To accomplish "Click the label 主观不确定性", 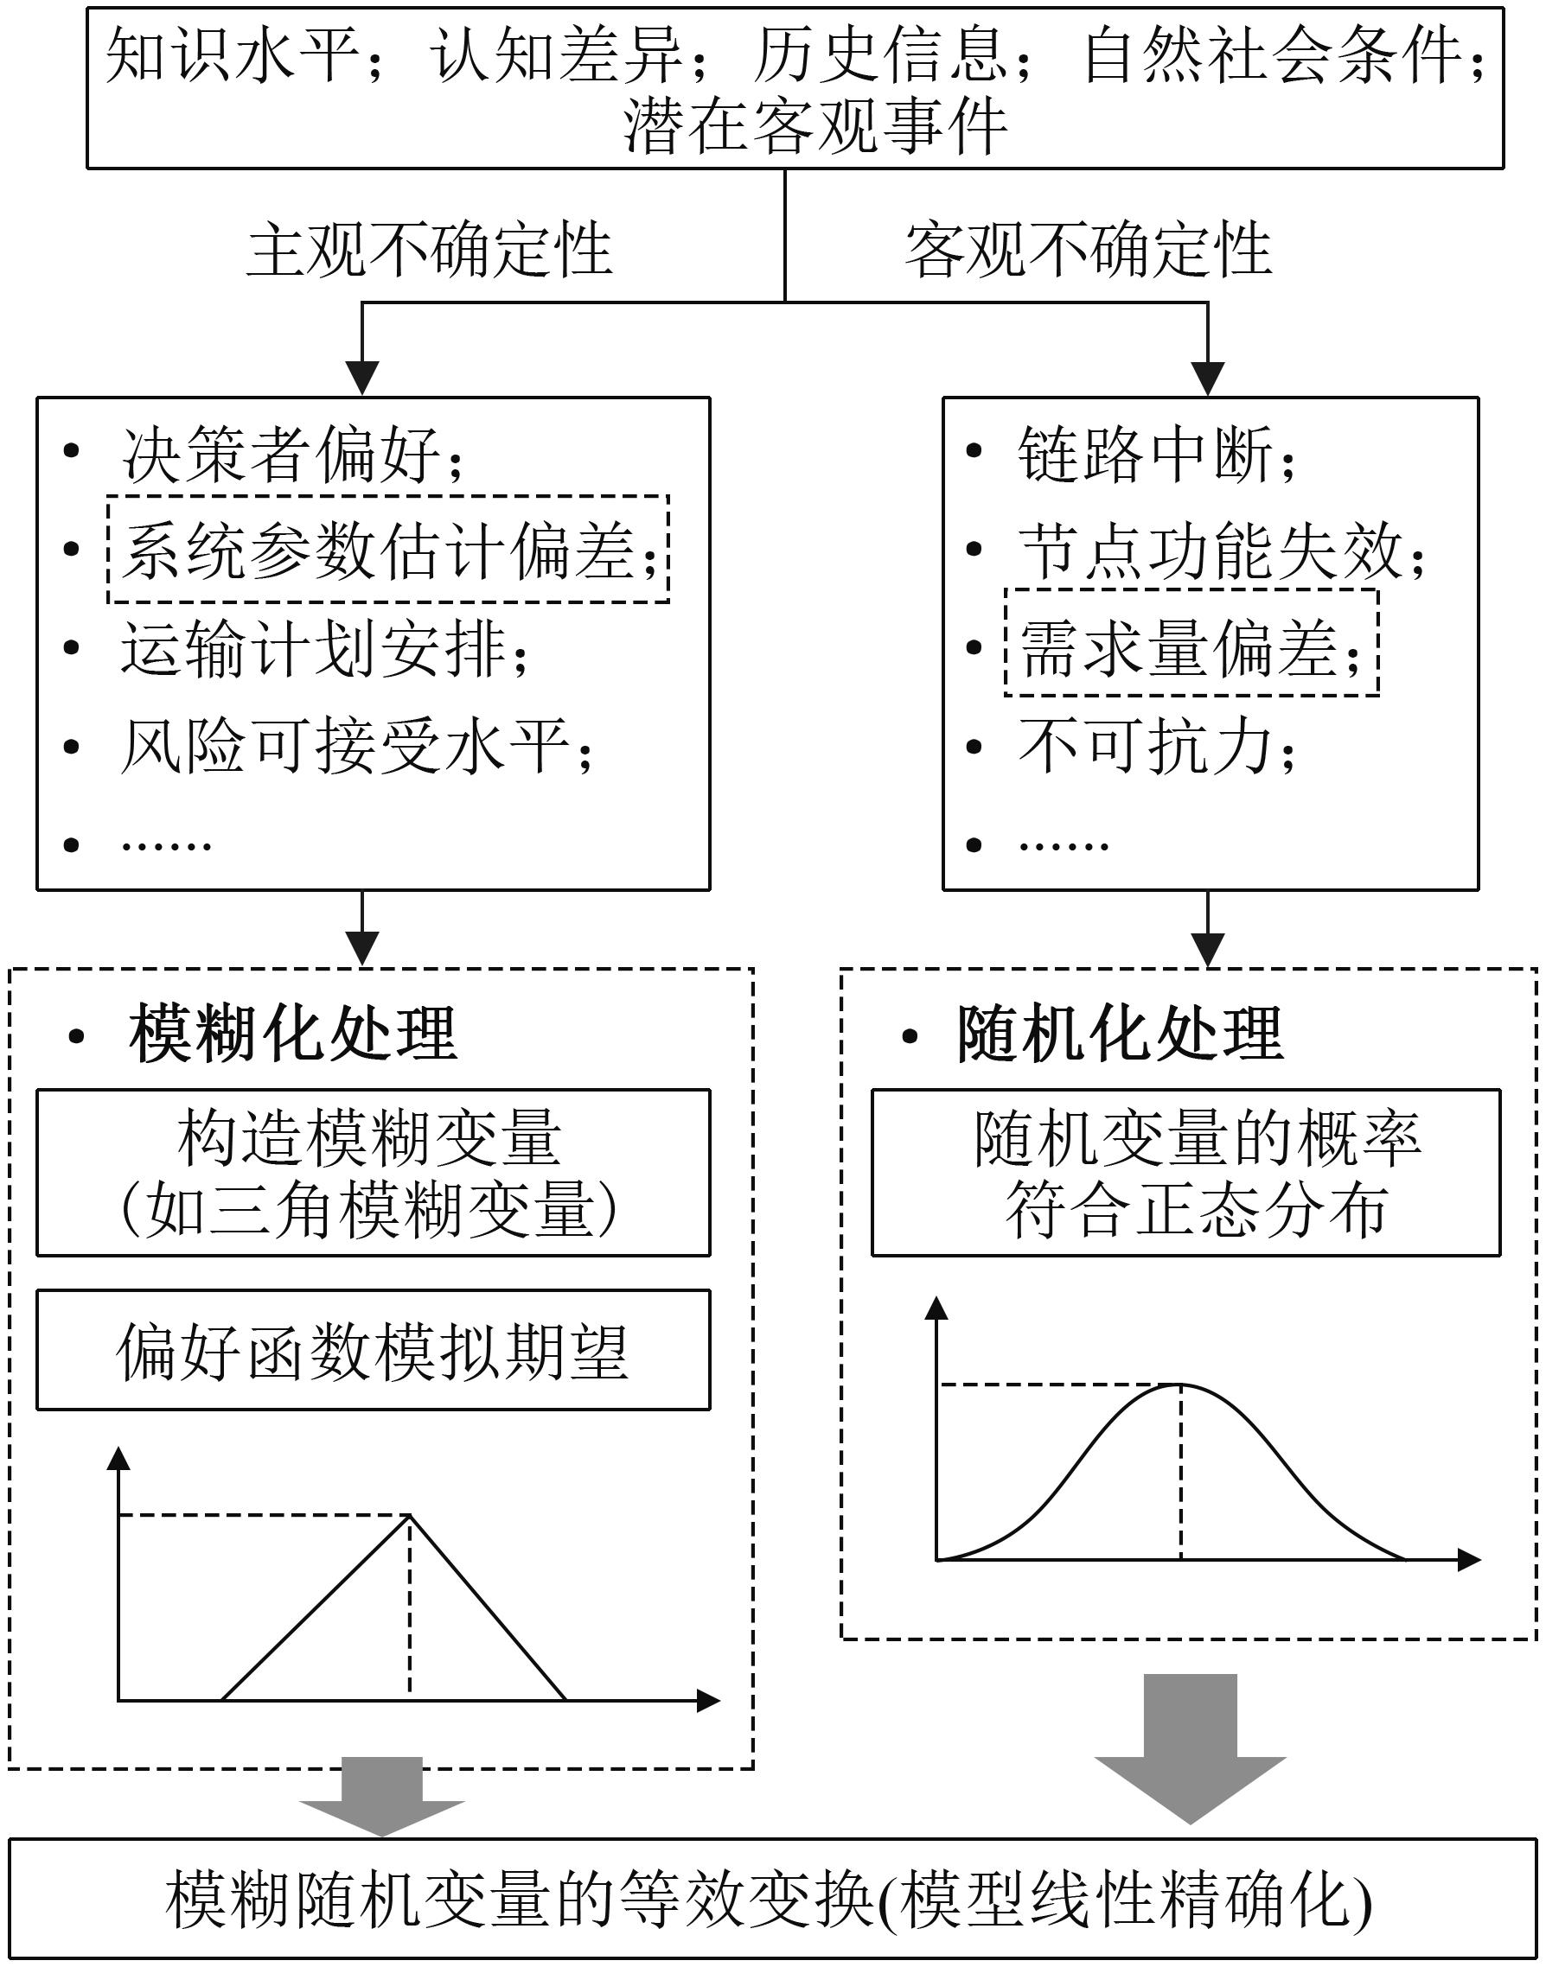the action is pos(429,250).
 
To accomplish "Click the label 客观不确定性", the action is pos(1088,250).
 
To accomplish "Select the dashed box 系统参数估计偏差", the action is pos(388,548).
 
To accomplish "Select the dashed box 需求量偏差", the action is pos(1191,643).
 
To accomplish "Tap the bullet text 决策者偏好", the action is pos(293,454).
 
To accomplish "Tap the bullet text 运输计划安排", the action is pos(325,649).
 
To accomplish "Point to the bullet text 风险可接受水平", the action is pos(356,747).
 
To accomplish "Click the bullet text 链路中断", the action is pos(1157,454).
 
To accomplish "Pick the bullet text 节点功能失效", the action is pos(1222,551).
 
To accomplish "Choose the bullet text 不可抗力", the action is pos(1157,747).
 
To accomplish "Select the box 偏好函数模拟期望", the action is pos(373,1350).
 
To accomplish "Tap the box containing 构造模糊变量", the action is pos(373,1173).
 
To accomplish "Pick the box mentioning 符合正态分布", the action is pos(1185,1173).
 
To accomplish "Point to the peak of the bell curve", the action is pos(1180,1385).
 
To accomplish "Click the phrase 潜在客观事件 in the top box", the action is pos(815,126).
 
